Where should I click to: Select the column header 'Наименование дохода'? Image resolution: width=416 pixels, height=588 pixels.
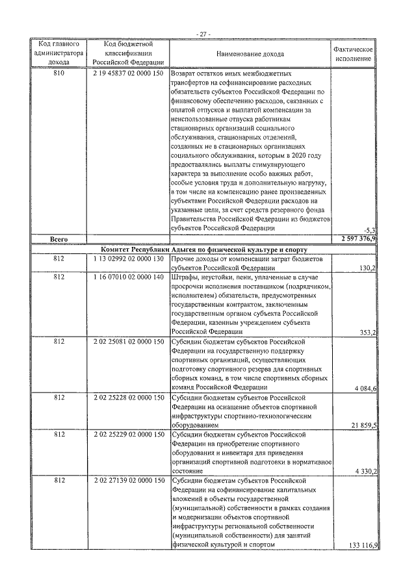click(x=250, y=54)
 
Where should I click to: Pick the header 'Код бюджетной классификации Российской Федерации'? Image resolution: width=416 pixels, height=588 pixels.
click(x=127, y=54)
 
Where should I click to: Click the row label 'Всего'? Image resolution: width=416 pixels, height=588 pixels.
click(x=59, y=239)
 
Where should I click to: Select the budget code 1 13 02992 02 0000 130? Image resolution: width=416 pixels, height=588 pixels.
click(x=127, y=259)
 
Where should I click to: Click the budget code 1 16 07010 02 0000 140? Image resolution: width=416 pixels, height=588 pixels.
click(x=127, y=277)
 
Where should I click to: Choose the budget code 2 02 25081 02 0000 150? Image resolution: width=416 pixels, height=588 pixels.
click(x=127, y=342)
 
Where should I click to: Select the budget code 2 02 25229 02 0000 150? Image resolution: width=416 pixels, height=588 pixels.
click(x=127, y=434)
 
